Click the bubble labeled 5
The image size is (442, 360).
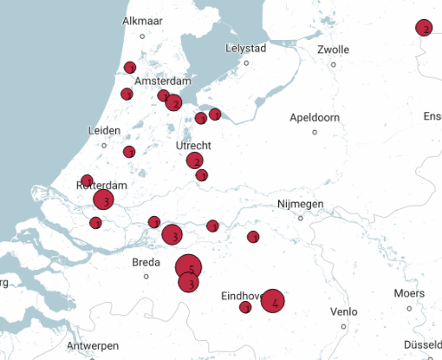click(189, 268)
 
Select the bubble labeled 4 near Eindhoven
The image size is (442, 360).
click(273, 302)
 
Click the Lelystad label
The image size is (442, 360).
click(247, 48)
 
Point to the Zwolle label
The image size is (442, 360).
click(334, 49)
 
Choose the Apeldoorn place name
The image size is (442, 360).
click(315, 117)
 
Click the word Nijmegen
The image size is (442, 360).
click(300, 204)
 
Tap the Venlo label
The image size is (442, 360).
click(344, 311)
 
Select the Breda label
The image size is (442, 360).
click(146, 262)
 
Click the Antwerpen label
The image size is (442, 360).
click(93, 345)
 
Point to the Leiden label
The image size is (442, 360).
click(104, 130)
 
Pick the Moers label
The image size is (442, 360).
click(409, 293)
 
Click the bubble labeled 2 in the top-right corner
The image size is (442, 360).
click(424, 29)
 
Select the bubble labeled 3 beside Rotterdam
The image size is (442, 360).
click(104, 200)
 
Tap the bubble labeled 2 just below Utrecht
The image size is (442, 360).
click(195, 160)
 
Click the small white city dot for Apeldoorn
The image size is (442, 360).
click(315, 132)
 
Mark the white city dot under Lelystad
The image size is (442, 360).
click(247, 62)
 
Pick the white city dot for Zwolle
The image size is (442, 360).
click(334, 63)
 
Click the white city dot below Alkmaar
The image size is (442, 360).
click(142, 36)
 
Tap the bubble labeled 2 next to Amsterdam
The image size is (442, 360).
click(174, 103)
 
